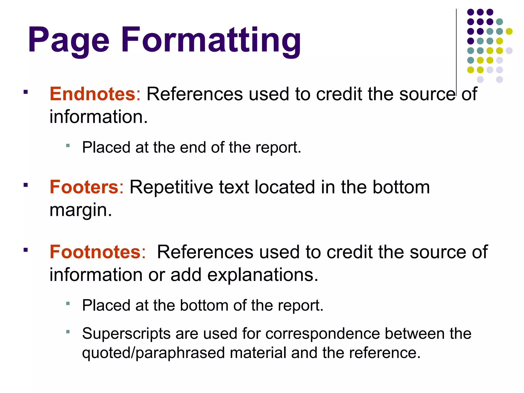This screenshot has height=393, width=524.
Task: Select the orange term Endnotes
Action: click(92, 94)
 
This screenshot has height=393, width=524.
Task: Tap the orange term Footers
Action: click(84, 187)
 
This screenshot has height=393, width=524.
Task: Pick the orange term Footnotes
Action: click(95, 252)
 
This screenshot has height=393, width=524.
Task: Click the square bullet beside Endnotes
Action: click(25, 92)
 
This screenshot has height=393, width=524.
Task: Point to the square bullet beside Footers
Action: click(25, 185)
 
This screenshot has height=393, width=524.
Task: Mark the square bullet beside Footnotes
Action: click(25, 250)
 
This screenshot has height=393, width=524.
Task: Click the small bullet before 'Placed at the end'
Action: click(68, 146)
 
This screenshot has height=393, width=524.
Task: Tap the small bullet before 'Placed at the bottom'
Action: click(68, 303)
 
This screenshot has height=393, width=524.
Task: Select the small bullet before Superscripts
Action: click(68, 332)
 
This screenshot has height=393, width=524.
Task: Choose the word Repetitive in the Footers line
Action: click(171, 187)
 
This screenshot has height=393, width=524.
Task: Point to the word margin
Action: click(81, 210)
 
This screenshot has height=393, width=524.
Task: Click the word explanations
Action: click(263, 275)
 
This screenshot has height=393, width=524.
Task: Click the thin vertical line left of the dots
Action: click(456, 51)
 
